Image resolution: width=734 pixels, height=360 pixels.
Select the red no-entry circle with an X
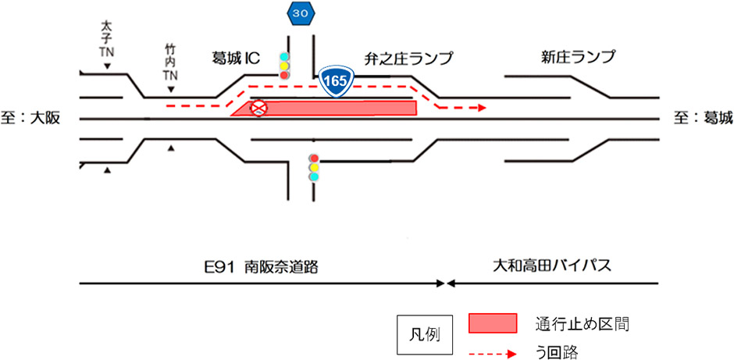click(x=258, y=109)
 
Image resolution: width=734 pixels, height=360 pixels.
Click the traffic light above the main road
click(x=284, y=66)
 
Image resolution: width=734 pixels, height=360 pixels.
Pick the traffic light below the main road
click(x=314, y=167)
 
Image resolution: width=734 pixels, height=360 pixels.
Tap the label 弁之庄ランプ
click(x=408, y=58)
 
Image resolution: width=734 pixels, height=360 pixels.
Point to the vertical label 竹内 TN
click(x=170, y=63)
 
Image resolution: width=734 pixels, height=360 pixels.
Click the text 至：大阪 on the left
click(x=30, y=118)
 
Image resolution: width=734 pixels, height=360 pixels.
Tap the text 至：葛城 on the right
click(x=704, y=118)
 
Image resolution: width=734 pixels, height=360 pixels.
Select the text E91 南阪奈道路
click(x=259, y=266)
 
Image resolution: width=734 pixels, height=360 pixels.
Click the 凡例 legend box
click(x=425, y=334)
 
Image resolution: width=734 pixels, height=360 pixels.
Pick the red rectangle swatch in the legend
click(x=493, y=323)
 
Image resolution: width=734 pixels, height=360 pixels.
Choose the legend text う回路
click(x=557, y=353)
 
